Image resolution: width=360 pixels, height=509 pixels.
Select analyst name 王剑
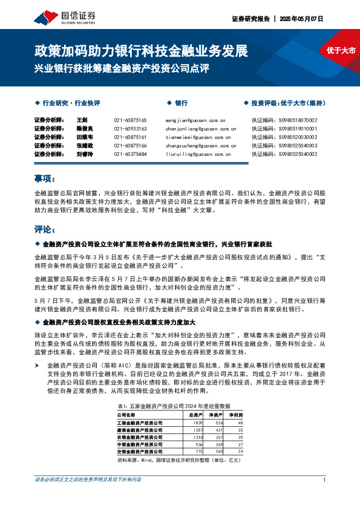(82, 120)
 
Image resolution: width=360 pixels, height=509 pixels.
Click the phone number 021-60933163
(130, 129)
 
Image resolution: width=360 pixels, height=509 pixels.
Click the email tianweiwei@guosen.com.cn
(195, 137)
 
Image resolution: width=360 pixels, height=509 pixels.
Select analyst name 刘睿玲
(83, 154)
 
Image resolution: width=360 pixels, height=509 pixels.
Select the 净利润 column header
(235, 415)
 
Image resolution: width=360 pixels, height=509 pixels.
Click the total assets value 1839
(197, 423)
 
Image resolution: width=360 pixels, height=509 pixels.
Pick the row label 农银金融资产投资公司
(140, 437)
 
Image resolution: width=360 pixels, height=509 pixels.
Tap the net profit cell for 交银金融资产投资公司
(240, 452)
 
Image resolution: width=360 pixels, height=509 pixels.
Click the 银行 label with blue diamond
(180, 103)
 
